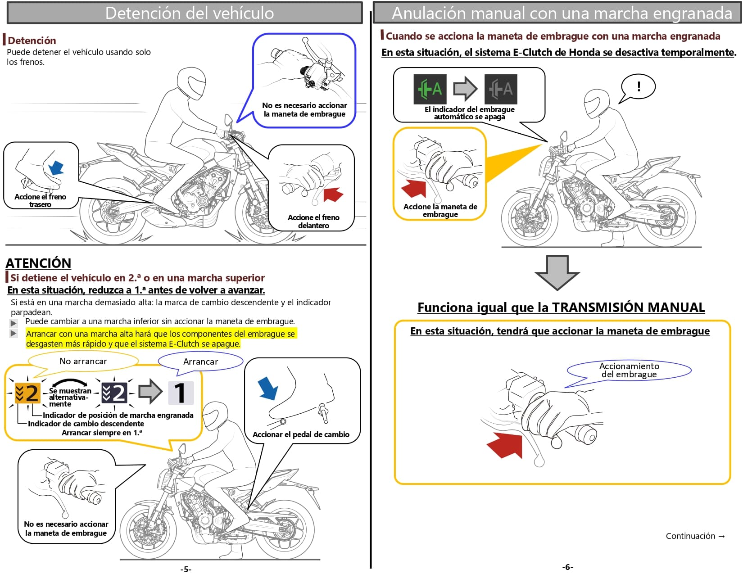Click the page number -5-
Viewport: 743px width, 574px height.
point(186,569)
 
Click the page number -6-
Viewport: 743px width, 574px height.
point(567,567)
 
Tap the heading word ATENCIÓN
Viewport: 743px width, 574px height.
point(38,263)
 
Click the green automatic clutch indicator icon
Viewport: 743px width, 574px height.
point(430,89)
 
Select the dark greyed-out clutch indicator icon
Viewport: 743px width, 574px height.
point(501,89)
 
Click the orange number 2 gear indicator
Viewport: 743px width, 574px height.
point(27,393)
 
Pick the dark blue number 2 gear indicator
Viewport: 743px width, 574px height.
point(114,393)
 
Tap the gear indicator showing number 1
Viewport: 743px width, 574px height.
point(181,393)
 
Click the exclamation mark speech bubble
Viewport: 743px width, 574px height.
point(638,87)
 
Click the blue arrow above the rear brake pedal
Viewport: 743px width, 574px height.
point(56,167)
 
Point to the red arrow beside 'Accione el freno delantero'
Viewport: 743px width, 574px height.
point(333,194)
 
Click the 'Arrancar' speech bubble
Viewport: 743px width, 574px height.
point(200,362)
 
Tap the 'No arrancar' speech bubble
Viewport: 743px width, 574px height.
point(83,361)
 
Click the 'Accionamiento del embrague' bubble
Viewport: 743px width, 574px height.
point(629,370)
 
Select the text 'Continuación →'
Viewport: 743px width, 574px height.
point(695,536)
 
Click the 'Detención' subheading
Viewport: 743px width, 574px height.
point(32,41)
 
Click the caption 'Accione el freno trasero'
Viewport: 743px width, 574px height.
point(40,200)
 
